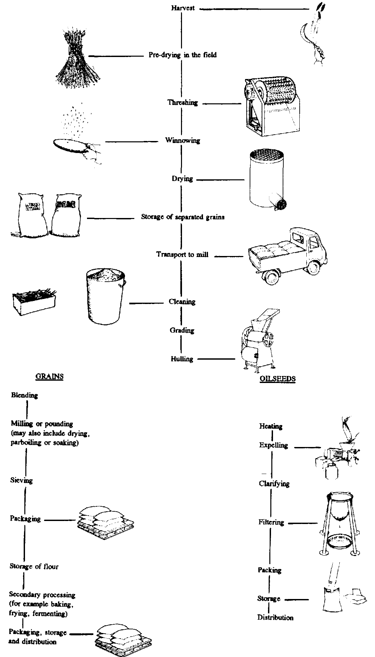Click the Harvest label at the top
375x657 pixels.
[183, 8]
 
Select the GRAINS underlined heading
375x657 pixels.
[49, 376]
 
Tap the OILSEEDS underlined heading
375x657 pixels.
[277, 378]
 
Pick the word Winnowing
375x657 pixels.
[183, 140]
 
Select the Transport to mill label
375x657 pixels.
[182, 254]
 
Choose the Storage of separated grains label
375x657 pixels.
[183, 217]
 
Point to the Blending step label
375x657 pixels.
[24, 395]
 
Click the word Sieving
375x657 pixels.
[22, 480]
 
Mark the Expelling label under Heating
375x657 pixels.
[273, 445]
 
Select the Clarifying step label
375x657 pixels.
[274, 484]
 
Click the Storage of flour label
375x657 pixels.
[34, 566]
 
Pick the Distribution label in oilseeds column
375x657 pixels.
[275, 618]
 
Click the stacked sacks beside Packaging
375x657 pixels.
[102, 521]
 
